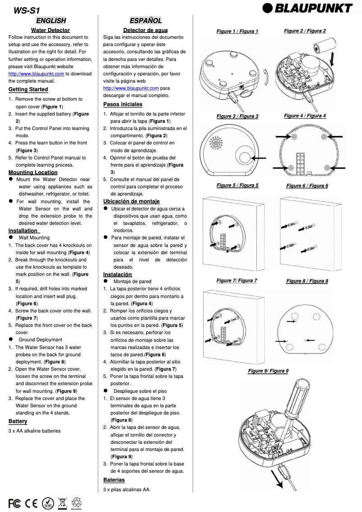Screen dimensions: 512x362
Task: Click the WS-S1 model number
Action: pyautogui.click(x=23, y=10)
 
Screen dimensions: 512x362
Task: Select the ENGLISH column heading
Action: pyautogui.click(x=51, y=20)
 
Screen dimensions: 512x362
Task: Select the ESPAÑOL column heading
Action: pyautogui.click(x=145, y=20)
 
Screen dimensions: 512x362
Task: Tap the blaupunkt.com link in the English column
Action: pyautogui.click(x=36, y=74)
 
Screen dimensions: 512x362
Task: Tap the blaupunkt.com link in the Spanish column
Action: pyautogui.click(x=131, y=88)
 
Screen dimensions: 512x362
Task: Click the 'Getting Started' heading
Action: pyautogui.click(x=28, y=89)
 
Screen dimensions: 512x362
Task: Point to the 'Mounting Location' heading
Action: pyautogui.click(x=33, y=172)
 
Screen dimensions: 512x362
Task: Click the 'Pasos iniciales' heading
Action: pyautogui.click(x=123, y=104)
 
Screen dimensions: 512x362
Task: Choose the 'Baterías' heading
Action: pyautogui.click(x=114, y=480)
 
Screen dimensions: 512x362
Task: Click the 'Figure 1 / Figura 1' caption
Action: pyautogui.click(x=237, y=32)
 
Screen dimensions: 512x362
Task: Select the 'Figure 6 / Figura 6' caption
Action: pyautogui.click(x=307, y=186)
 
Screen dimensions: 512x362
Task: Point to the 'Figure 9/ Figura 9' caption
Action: pyautogui.click(x=268, y=371)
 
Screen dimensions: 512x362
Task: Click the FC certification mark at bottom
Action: pyautogui.click(x=14, y=503)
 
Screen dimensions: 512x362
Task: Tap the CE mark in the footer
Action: pyautogui.click(x=32, y=503)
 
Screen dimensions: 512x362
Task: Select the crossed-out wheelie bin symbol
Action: pyautogui.click(x=62, y=503)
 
